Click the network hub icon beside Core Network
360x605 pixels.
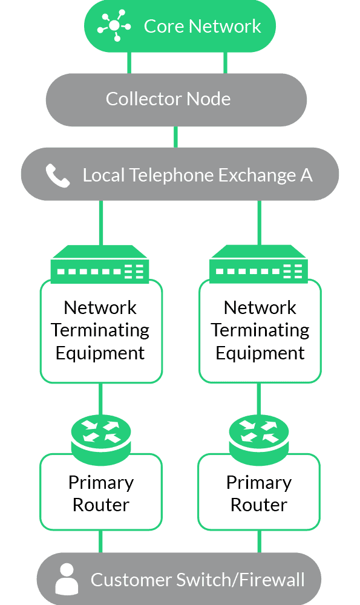click(x=114, y=25)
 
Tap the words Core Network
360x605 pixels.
click(x=202, y=26)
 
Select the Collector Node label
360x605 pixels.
click(x=168, y=99)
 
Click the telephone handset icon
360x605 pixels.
click(x=58, y=175)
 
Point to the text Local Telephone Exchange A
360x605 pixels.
click(x=198, y=175)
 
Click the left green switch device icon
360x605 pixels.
click(x=100, y=264)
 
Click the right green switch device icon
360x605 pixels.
click(x=258, y=264)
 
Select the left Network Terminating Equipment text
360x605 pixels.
click(x=100, y=330)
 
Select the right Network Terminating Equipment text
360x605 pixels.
click(x=260, y=330)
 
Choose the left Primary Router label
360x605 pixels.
click(x=101, y=494)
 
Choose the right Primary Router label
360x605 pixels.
click(x=259, y=494)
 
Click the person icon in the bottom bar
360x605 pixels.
click(x=67, y=579)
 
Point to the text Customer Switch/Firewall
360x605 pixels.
click(x=198, y=580)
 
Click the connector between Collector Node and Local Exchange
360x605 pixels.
click(x=175, y=137)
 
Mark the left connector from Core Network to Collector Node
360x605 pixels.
click(x=129, y=62)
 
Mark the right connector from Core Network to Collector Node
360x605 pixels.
click(x=225, y=62)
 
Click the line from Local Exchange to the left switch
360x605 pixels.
click(x=100, y=223)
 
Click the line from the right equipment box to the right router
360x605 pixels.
click(x=259, y=399)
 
